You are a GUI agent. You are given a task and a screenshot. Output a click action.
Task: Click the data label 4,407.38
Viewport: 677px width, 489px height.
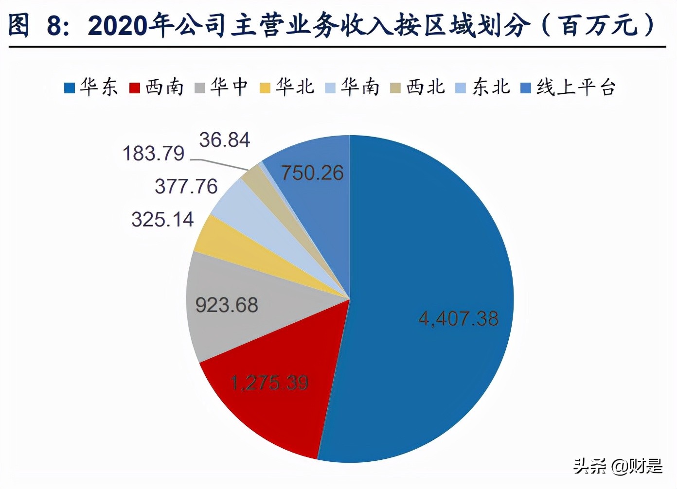point(458,319)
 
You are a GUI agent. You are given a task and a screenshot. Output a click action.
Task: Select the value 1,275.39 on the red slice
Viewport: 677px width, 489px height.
point(269,383)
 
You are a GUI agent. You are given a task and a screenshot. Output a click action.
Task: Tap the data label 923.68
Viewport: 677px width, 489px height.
point(227,305)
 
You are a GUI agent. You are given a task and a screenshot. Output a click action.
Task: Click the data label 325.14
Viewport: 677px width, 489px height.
point(162,219)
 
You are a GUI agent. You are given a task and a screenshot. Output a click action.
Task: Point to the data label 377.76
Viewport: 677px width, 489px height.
point(186,186)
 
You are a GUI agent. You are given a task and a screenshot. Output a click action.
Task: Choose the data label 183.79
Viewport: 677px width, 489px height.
point(154,154)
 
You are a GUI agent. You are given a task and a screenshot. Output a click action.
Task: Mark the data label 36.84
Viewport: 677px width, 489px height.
point(224,140)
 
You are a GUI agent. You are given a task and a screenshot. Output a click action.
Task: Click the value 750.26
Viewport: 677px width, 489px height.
point(312,173)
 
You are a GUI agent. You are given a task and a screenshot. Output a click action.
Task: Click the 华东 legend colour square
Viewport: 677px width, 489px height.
point(70,88)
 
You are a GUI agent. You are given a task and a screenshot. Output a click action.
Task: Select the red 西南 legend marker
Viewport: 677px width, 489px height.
point(135,88)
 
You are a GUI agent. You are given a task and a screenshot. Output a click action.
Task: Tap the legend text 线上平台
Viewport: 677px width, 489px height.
point(576,87)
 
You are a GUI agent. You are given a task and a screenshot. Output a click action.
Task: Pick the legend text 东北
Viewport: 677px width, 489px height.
point(491,87)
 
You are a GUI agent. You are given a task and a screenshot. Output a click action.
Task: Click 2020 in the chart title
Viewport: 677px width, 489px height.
point(117,25)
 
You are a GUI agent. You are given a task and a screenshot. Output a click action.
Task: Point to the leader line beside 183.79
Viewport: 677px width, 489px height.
point(219,164)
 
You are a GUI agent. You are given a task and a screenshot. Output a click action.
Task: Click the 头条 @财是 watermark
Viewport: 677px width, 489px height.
point(618,466)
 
